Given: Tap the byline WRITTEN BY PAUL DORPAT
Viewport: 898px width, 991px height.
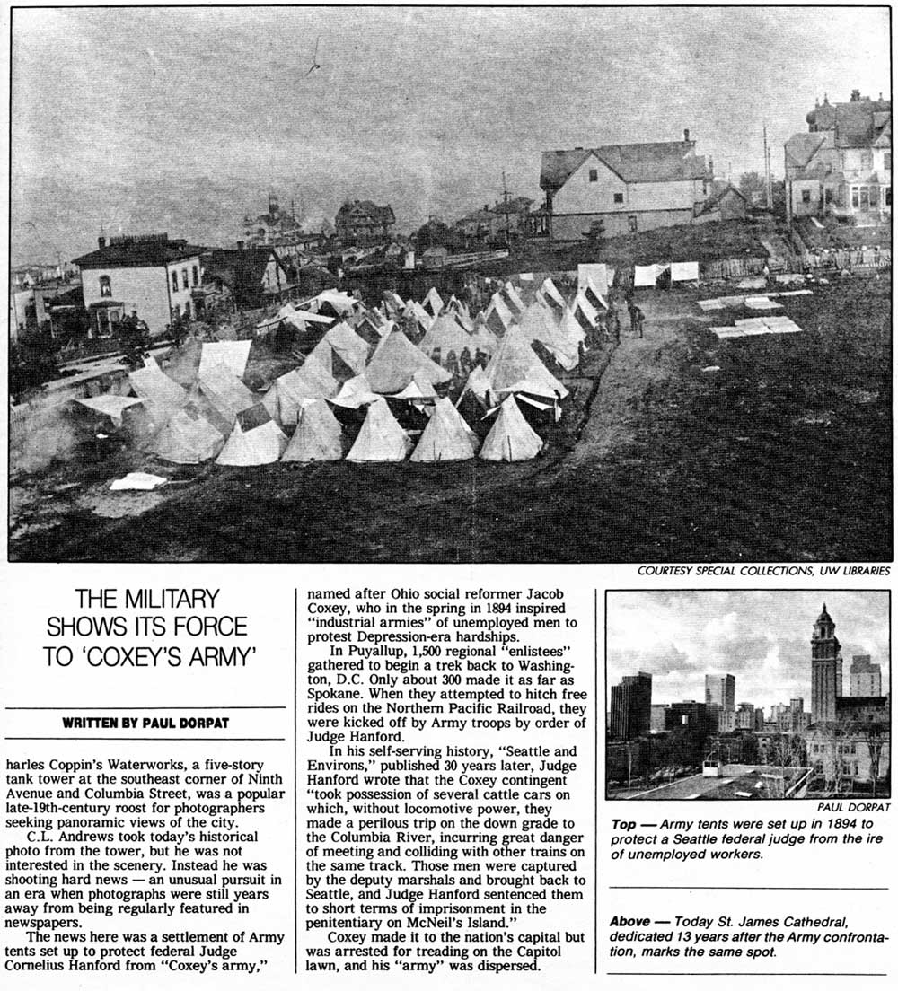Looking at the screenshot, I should pyautogui.click(x=145, y=724).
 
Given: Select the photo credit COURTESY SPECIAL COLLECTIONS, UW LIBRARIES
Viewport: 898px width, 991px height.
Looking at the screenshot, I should pyautogui.click(x=763, y=571).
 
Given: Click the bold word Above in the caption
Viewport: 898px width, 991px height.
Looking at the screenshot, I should pyautogui.click(x=630, y=922).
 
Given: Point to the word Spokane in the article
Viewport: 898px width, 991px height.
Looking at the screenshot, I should pyautogui.click(x=334, y=694).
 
